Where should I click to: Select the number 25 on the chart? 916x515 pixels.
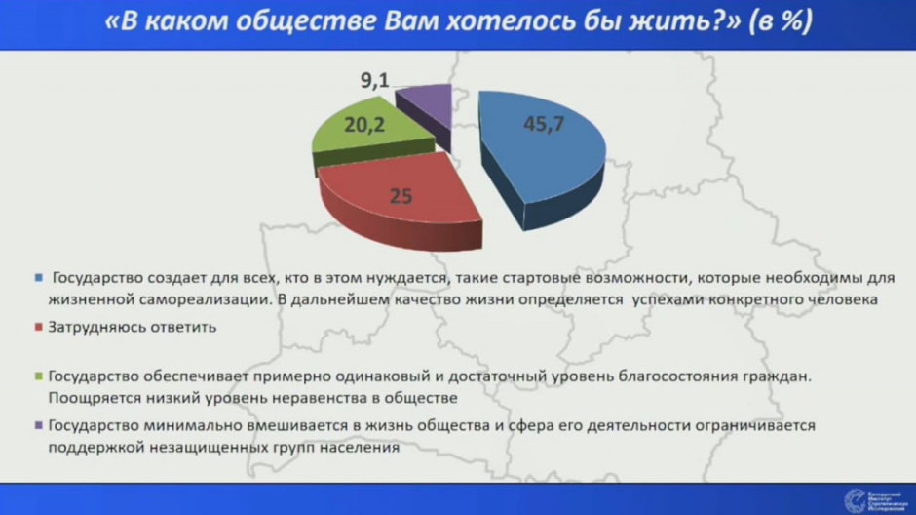point(401,196)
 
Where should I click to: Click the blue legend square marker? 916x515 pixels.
point(39,277)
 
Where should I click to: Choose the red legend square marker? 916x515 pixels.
point(39,328)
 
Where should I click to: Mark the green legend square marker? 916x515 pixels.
point(39,376)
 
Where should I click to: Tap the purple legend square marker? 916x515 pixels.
point(39,426)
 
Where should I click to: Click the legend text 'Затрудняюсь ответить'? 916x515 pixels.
point(132,328)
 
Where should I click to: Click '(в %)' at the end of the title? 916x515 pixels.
point(780,22)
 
